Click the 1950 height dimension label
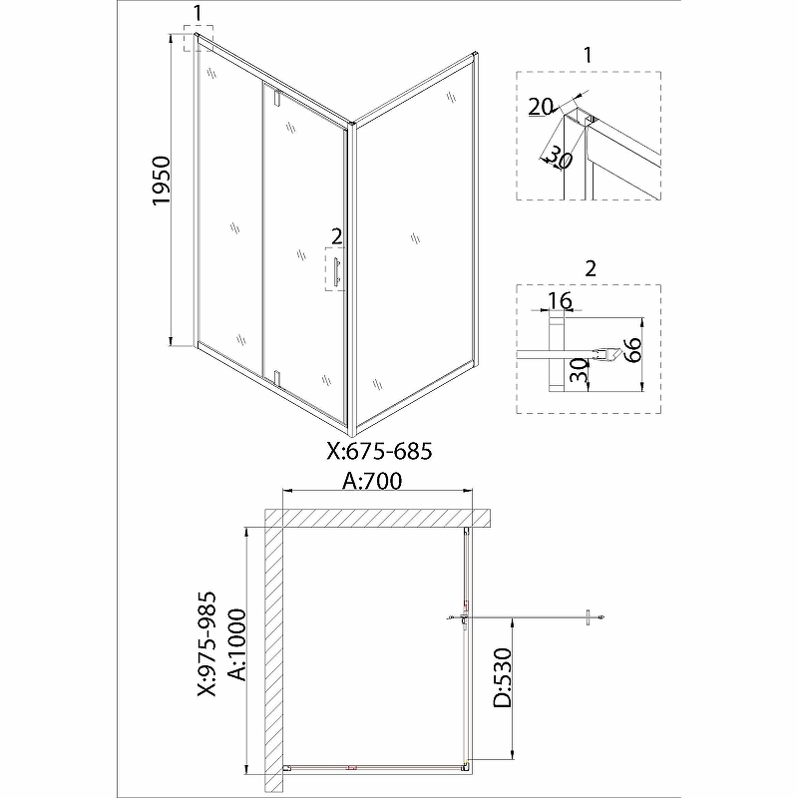(x=162, y=181)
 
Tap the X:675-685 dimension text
(x=379, y=451)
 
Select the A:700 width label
(x=372, y=481)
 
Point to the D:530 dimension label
(x=503, y=678)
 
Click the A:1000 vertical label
(x=237, y=644)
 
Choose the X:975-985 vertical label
(x=207, y=643)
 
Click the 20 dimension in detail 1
(x=540, y=107)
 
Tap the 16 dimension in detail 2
(x=560, y=300)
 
